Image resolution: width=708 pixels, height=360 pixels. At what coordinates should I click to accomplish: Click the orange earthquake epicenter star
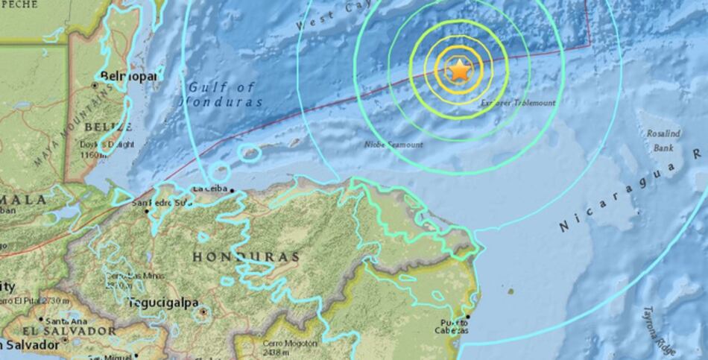click(459, 71)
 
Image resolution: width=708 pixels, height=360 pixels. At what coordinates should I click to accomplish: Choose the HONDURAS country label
click(246, 257)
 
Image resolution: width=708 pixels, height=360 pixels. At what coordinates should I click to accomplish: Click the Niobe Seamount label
click(394, 144)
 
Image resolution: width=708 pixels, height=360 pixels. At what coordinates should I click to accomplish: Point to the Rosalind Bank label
click(663, 140)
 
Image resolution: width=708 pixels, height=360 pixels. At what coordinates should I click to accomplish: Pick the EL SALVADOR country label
click(69, 330)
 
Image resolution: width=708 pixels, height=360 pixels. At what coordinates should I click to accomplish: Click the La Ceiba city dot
click(232, 191)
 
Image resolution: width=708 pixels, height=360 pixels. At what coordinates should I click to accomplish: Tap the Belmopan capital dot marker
click(95, 86)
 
